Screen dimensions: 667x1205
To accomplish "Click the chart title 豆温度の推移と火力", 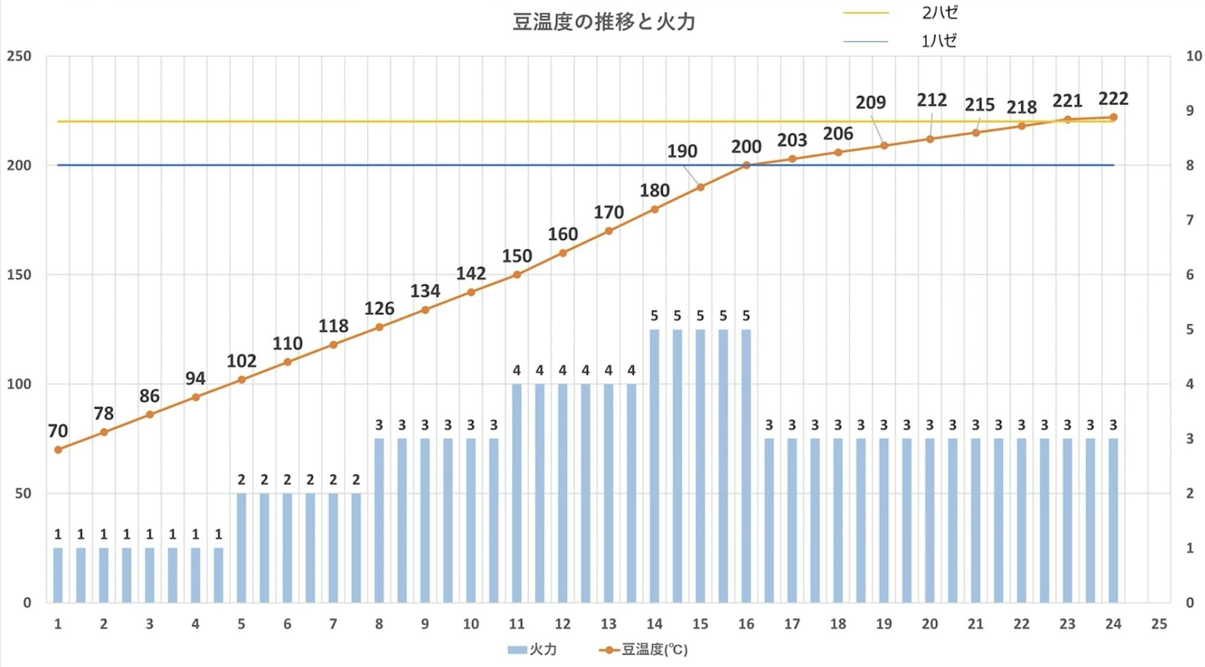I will coord(603,22).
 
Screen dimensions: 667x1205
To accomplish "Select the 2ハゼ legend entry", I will coord(939,12).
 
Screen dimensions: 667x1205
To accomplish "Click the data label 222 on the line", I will coord(1113,99).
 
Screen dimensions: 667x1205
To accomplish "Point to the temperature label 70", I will coord(58,431).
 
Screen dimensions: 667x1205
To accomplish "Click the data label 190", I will coord(682,151).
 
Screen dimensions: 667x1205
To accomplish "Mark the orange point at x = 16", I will coord(746,165).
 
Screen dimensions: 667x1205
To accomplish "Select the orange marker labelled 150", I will coord(517,275).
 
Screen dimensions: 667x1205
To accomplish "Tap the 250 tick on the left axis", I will coord(19,56).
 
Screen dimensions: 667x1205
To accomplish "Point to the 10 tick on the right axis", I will coord(1193,56).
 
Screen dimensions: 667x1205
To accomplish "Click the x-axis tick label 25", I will coord(1159,624).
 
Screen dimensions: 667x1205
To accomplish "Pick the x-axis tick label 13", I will coord(608,624).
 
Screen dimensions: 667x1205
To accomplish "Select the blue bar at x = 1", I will coord(58,575).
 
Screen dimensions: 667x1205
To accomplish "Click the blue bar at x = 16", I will coord(746,467).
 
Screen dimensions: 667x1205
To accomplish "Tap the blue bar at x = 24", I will coord(1113,520).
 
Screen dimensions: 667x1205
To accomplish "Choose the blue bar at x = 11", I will coord(517,493).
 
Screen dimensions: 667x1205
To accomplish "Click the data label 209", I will coord(871,103).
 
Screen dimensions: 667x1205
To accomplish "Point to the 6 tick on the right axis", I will coord(1190,275).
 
